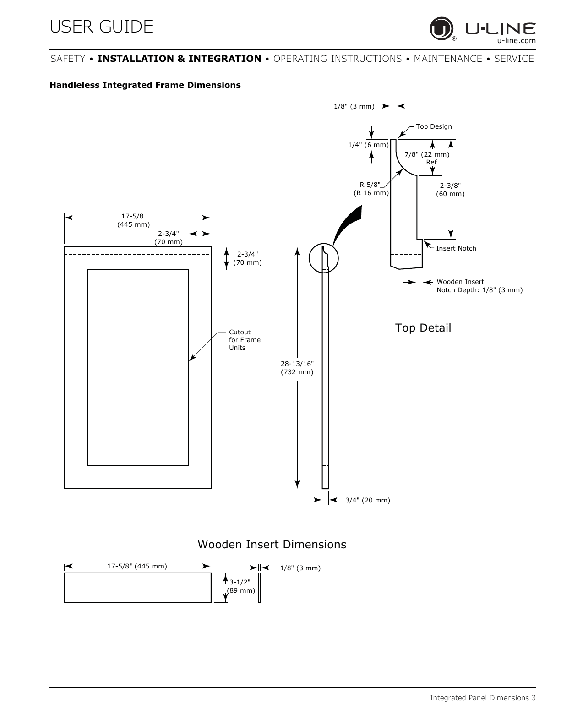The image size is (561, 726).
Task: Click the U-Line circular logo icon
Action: pos(441,29)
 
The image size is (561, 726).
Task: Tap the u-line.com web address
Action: pos(516,41)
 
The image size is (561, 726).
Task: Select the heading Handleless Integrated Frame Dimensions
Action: pos(145,85)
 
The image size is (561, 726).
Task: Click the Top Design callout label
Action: pos(434,126)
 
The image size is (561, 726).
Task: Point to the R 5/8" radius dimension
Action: pos(371,189)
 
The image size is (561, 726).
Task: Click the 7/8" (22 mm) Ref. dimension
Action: pos(427,158)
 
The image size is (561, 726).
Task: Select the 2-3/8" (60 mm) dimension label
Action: pos(450,190)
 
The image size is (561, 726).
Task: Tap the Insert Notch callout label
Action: pos(456,248)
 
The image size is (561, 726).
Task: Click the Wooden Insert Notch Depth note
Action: pos(479,286)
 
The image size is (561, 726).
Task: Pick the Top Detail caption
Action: pos(423,328)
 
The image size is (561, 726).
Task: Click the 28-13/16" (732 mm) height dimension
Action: pos(297,368)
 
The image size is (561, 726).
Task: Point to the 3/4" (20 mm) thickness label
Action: pos(368,500)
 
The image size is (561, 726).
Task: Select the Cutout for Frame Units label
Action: pos(245,340)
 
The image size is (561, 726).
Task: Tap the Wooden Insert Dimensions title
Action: pos(272,545)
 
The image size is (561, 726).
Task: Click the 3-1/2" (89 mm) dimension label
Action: pos(241,586)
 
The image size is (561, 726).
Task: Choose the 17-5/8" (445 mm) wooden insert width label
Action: pos(137,566)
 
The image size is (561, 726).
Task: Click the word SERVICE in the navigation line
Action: pos(514,59)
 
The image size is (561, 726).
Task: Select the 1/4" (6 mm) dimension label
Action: pos(368,145)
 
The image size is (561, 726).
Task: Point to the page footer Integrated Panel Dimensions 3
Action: pos(483,698)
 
